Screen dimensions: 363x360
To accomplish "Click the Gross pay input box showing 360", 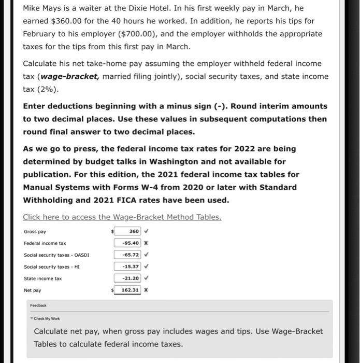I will (127, 231).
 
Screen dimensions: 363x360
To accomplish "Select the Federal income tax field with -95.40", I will (127, 243).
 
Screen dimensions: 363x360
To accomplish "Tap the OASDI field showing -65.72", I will (127, 255).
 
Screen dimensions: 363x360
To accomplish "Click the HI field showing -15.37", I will (127, 267).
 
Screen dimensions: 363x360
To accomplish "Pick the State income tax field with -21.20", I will (127, 278).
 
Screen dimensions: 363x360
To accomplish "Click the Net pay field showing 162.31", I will (127, 290).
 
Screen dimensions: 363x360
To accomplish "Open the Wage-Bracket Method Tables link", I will (122, 217).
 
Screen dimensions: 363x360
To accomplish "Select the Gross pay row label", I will (35, 231).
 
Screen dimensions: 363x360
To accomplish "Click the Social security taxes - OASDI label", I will (56, 255).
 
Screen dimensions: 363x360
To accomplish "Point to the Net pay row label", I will (33, 290).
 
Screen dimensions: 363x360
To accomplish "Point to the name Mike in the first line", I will (32, 8).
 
